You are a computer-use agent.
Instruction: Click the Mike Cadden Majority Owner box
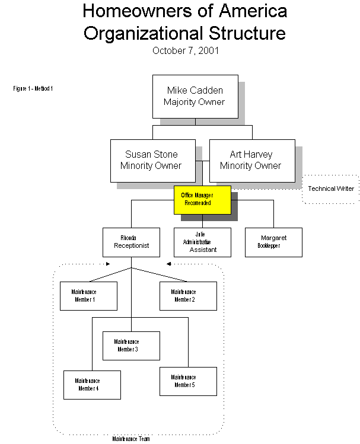click(195, 96)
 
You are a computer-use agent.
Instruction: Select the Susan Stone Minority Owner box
click(152, 160)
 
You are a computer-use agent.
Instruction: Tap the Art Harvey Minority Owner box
click(252, 160)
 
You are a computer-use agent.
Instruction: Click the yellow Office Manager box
click(202, 199)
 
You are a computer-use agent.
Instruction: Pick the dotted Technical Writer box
click(330, 189)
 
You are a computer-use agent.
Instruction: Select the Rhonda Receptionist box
click(131, 242)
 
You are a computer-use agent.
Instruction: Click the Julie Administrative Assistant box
click(202, 242)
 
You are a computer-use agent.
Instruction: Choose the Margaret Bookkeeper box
click(273, 242)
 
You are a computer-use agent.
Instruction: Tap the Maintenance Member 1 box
click(88, 296)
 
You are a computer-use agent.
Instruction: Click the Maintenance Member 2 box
click(188, 296)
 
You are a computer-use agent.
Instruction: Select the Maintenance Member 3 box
click(131, 346)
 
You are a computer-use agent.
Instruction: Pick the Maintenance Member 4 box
click(92, 385)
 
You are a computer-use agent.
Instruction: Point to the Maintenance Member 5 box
click(188, 381)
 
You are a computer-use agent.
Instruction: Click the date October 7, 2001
click(185, 50)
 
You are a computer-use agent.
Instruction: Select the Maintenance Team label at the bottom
click(131, 439)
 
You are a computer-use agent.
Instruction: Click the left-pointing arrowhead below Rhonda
click(168, 264)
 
